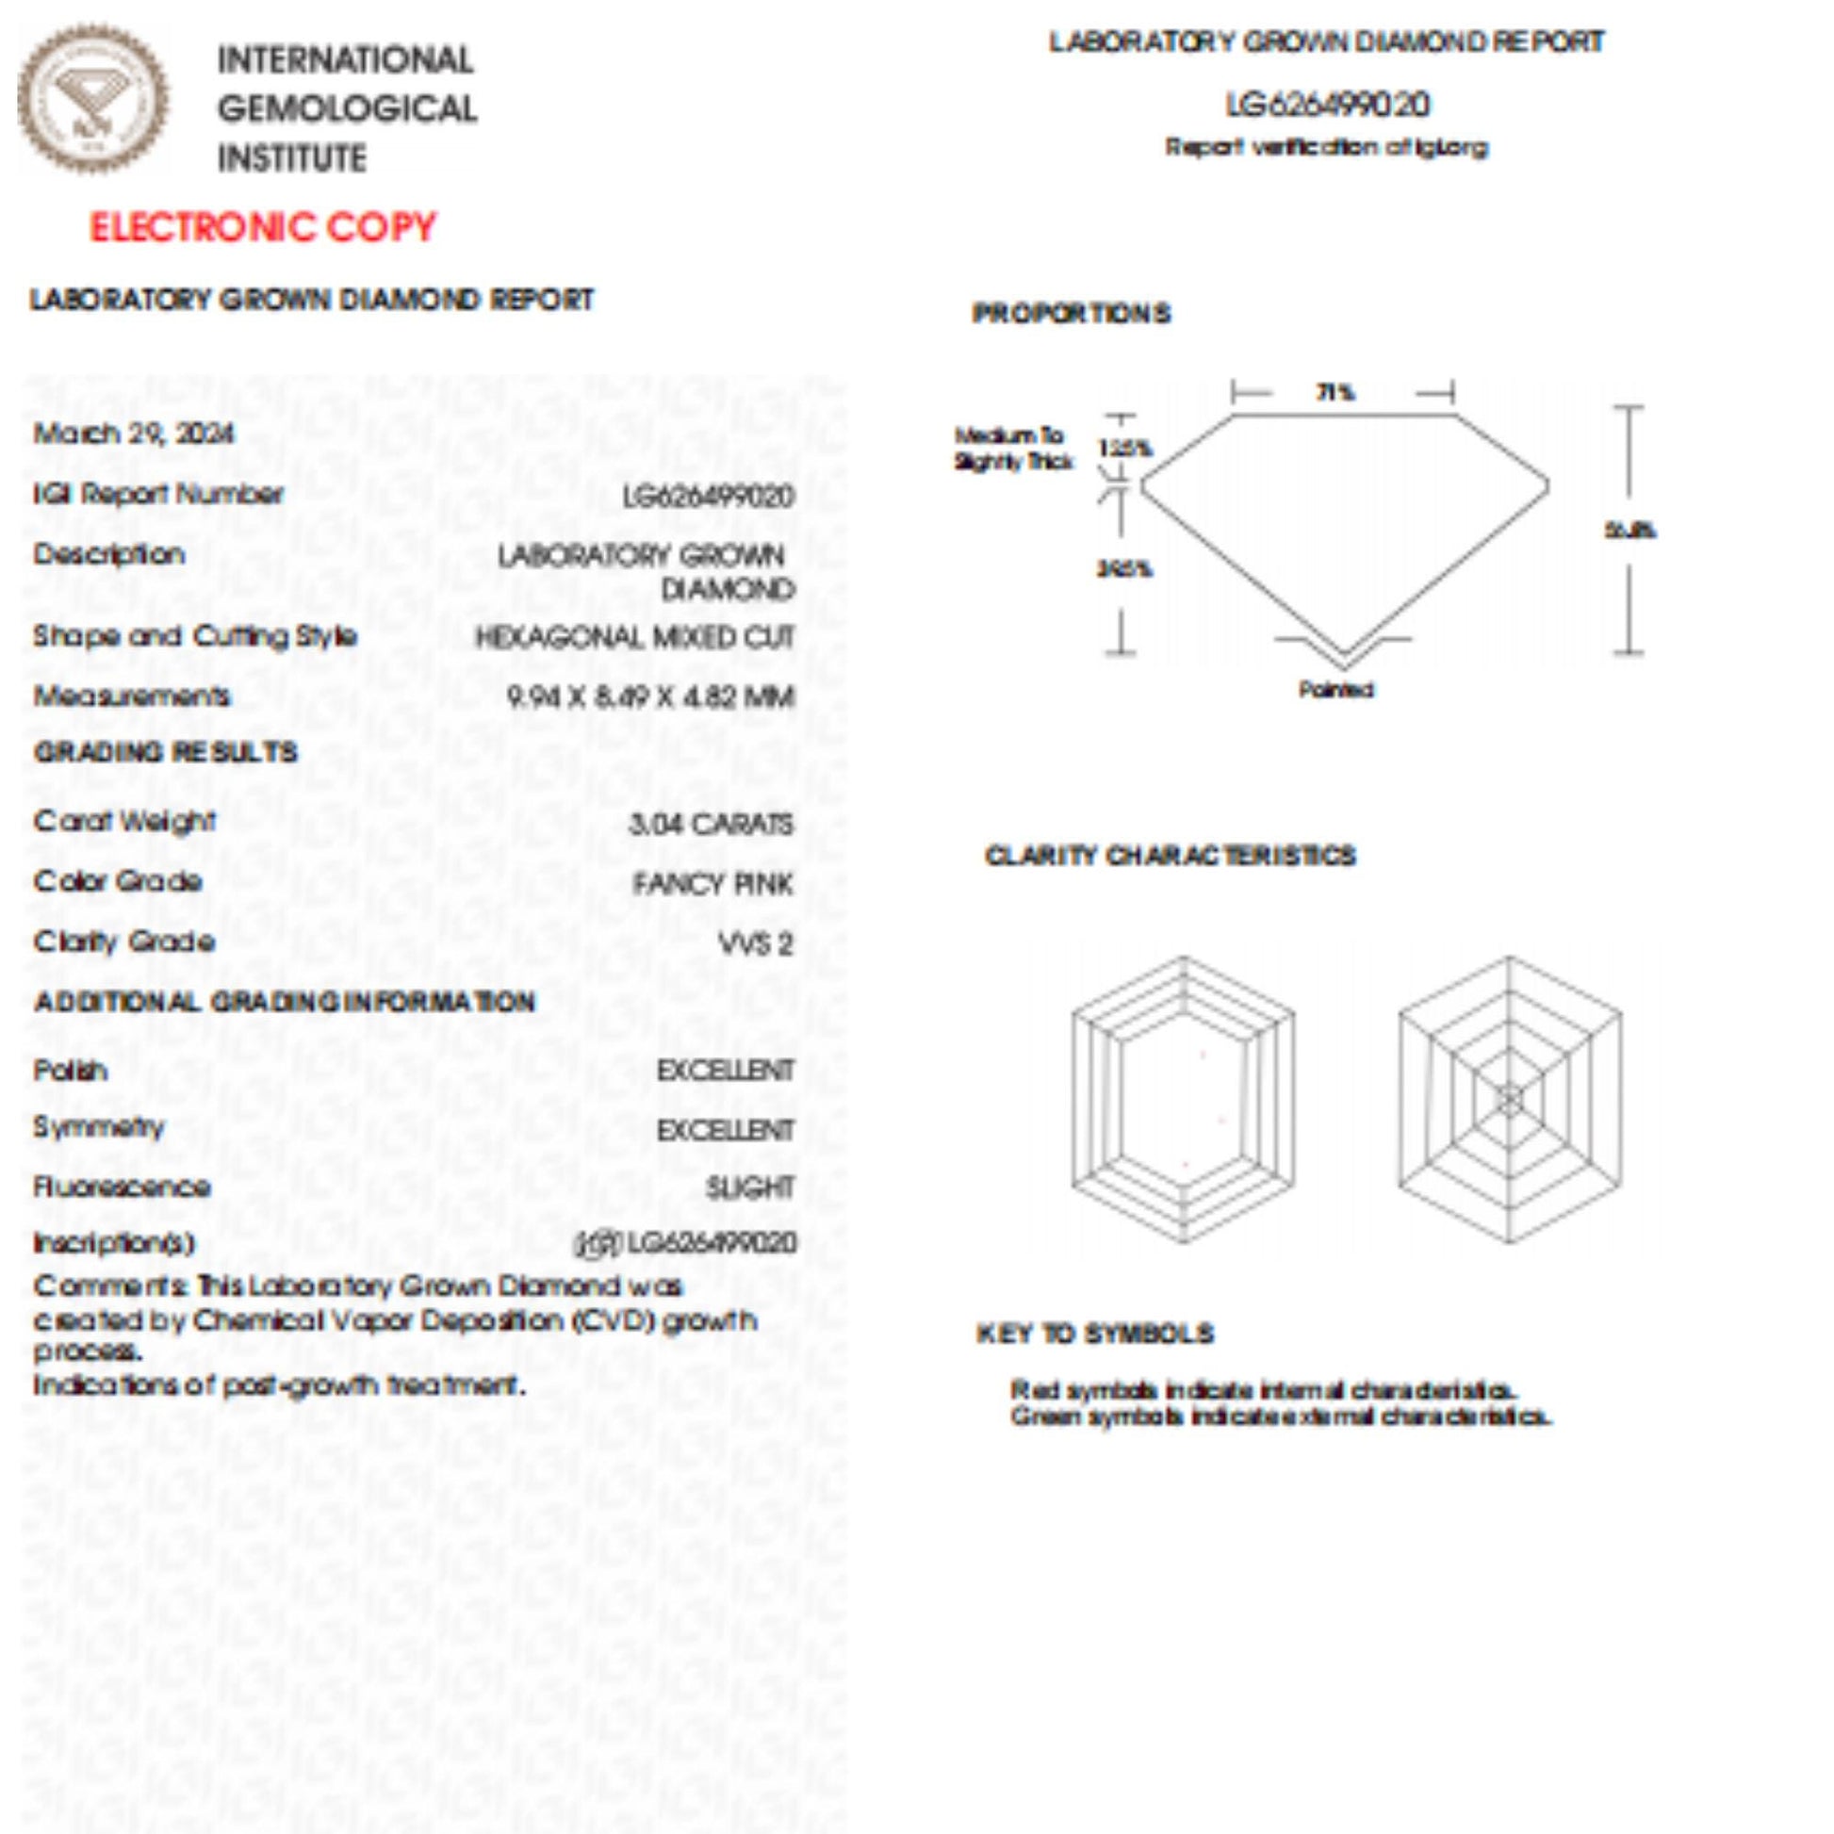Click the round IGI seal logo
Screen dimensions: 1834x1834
tap(93, 99)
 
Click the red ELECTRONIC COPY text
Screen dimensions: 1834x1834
tap(262, 228)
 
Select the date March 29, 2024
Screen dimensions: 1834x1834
tap(134, 434)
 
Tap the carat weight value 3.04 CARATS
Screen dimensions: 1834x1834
tap(710, 823)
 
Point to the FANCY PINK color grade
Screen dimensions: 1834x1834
tap(712, 884)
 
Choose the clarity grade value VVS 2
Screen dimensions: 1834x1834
tap(755, 943)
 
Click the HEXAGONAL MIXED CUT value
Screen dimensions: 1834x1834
tap(634, 637)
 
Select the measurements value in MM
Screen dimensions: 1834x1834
tap(650, 697)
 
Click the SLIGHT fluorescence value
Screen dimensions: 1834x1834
tap(749, 1187)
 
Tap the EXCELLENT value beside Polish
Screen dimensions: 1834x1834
tap(726, 1071)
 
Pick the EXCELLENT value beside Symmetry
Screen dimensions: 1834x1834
tap(726, 1130)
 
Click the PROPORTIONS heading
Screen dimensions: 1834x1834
tap(1071, 313)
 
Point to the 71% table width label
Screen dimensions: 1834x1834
tap(1335, 392)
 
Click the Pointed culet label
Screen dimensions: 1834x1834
tap(1335, 689)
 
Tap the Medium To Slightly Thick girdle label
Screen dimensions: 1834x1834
tap(1012, 448)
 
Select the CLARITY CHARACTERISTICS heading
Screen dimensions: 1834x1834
tap(1170, 856)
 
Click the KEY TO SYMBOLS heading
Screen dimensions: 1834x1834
tap(1094, 1334)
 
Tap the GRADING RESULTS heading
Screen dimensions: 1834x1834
tap(166, 753)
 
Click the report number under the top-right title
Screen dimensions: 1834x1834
tap(1327, 105)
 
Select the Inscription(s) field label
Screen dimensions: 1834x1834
tap(114, 1242)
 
